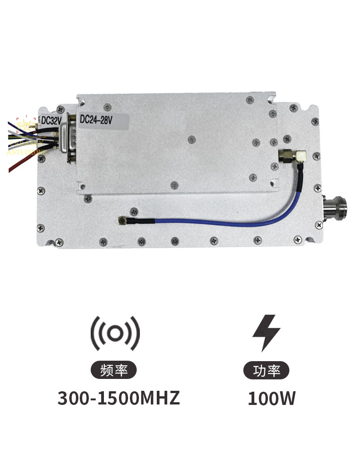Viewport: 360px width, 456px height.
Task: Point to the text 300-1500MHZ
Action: tap(119, 399)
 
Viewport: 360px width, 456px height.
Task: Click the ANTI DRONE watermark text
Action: tap(26, 152)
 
